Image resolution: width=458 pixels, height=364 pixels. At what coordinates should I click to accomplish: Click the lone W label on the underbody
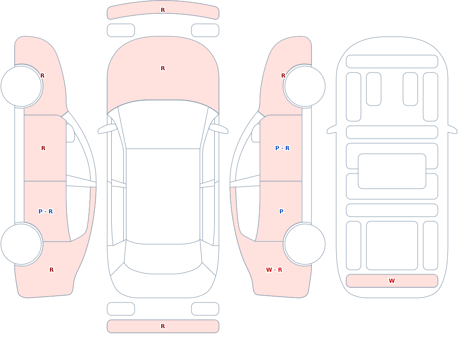coord(392,281)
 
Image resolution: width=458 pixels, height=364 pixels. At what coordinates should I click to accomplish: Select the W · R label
coord(274,270)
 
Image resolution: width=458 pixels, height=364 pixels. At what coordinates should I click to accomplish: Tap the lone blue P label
coord(281,212)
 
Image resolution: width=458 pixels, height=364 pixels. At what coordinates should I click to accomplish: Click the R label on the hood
coord(163,68)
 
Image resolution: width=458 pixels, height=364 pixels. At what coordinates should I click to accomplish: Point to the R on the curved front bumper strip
coord(163,10)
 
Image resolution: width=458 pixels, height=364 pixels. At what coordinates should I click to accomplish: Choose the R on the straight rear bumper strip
coord(163,326)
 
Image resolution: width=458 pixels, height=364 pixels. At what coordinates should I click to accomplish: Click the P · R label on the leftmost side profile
coord(45,212)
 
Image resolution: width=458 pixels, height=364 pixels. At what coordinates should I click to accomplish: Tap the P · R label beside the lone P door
coord(283,148)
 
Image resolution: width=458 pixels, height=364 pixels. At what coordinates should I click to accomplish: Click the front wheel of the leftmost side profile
coord(22,86)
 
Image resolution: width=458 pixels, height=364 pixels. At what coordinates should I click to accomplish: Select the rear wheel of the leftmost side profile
coord(22,244)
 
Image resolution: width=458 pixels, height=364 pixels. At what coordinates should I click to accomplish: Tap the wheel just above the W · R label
coord(305,244)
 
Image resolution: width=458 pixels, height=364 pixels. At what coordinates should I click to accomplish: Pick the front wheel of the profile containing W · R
coord(305,86)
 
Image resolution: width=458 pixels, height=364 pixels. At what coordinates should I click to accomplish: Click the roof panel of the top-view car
coord(163,196)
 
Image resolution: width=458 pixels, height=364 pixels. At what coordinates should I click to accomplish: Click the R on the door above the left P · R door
coord(43,148)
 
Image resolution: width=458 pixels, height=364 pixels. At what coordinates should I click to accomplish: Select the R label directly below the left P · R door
coord(51,270)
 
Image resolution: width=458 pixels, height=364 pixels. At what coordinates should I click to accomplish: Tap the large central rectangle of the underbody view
coord(392,171)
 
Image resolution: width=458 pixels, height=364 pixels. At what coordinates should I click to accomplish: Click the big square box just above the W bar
coord(392,246)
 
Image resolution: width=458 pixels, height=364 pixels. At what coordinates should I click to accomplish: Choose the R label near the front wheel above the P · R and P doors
coord(283,76)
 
